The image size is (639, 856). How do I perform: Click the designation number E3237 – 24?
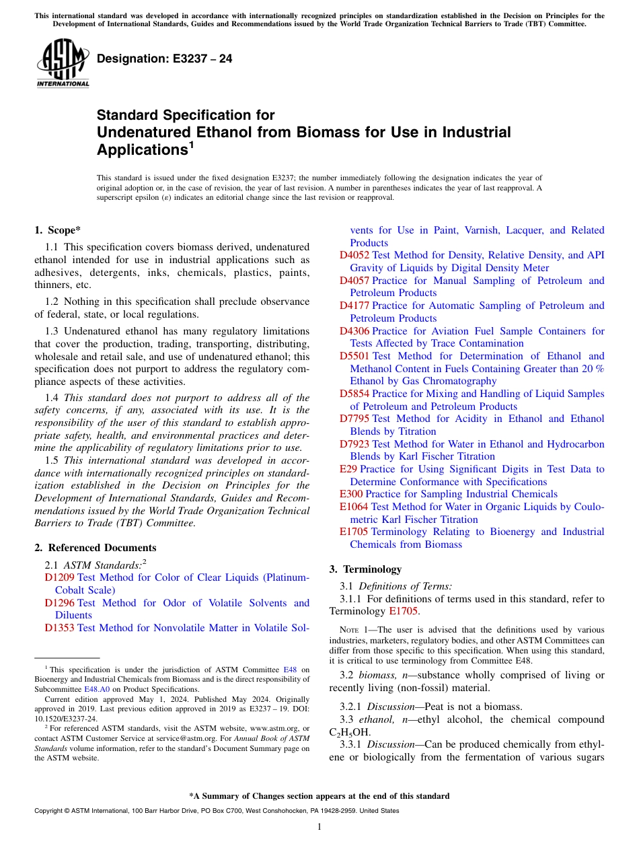[x=164, y=59]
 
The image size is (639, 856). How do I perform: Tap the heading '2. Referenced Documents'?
[x=96, y=548]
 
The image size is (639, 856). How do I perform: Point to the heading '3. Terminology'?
[x=365, y=569]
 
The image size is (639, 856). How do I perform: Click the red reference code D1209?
[x=59, y=577]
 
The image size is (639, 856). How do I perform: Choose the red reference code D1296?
[x=59, y=603]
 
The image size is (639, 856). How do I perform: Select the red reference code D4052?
[x=354, y=255]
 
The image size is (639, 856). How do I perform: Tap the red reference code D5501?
[x=354, y=356]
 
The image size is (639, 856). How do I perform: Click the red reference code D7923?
[x=354, y=444]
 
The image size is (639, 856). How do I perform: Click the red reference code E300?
[x=351, y=494]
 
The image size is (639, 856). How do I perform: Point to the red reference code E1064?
[x=354, y=507]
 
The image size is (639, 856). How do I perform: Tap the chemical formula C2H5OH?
[x=349, y=732]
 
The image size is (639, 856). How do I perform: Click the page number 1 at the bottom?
[x=319, y=826]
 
